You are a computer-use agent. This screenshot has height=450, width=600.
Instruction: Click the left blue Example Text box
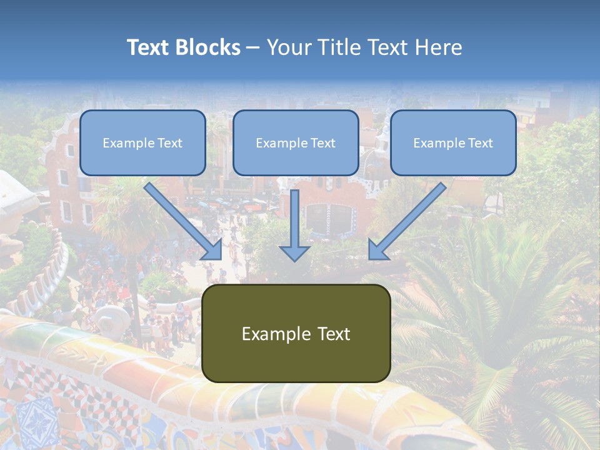click(x=142, y=143)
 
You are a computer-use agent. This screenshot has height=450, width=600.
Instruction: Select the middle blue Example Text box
click(x=296, y=143)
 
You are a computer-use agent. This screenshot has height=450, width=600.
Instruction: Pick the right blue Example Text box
click(x=453, y=143)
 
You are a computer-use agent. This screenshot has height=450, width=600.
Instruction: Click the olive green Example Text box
click(x=296, y=333)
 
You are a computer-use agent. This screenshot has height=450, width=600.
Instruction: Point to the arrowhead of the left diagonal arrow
click(x=212, y=250)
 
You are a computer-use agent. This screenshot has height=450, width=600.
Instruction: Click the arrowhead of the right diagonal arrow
click(x=377, y=250)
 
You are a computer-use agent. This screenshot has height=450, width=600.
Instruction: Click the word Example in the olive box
click(x=267, y=334)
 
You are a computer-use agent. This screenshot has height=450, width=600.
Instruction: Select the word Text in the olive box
click(x=334, y=334)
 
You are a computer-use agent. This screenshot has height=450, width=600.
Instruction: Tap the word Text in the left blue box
click(x=170, y=143)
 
